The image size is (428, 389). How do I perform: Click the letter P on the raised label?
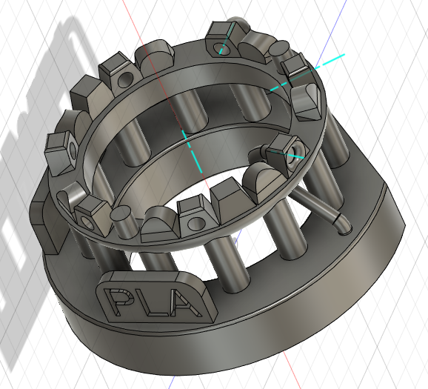[x=118, y=300]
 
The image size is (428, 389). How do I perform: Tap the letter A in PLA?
[x=180, y=305]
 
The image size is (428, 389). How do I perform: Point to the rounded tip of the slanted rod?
[x=341, y=222]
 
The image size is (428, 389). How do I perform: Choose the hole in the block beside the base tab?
[x=88, y=222]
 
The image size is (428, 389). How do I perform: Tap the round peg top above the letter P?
[x=121, y=216]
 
